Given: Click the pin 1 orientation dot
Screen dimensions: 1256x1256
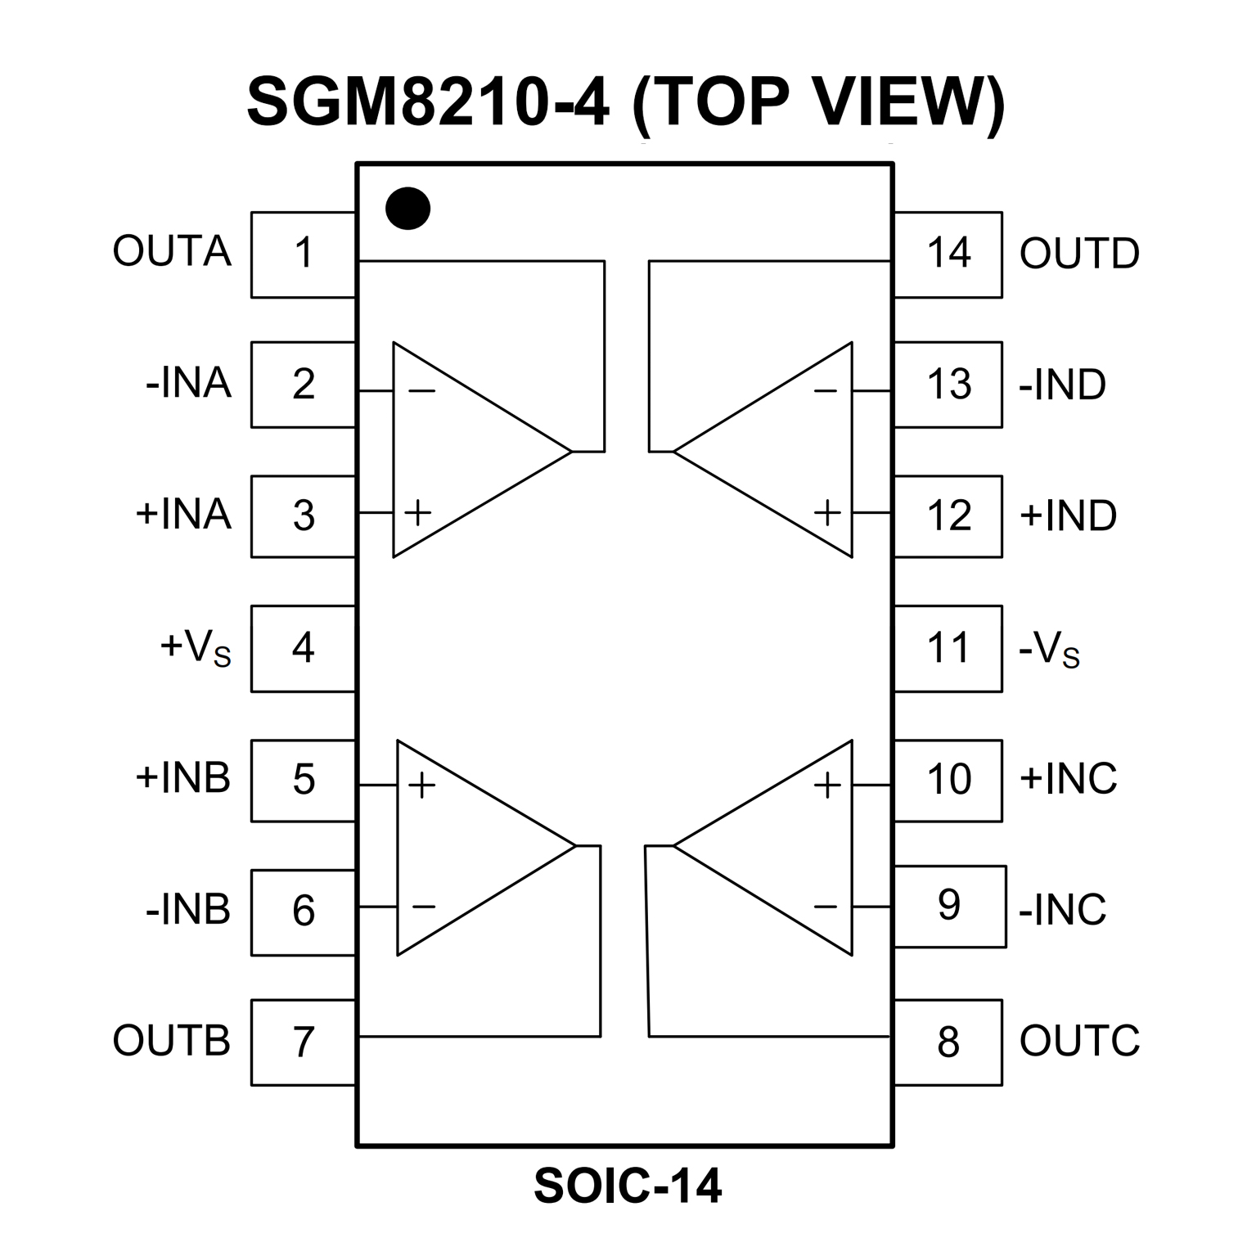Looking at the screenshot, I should click(x=407, y=208).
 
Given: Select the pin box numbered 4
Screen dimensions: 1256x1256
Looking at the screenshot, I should click(x=303, y=648).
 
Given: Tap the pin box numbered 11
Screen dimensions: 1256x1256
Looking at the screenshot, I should click(x=948, y=648).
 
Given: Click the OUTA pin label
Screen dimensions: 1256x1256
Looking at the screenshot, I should click(x=172, y=251).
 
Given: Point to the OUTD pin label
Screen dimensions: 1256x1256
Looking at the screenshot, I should click(x=1078, y=254).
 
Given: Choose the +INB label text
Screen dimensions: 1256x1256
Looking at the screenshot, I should click(x=182, y=777).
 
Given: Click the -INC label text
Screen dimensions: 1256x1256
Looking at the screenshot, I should click(x=1062, y=909).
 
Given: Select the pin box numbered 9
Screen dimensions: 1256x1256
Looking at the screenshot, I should click(x=949, y=906).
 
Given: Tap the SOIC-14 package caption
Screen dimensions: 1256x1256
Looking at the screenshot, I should click(x=628, y=1186).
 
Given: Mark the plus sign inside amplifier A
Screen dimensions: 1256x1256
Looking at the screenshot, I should click(x=418, y=513).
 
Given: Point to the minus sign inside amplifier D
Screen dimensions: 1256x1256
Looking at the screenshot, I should click(x=826, y=392).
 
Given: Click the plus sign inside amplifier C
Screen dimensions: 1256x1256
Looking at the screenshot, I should click(x=827, y=786).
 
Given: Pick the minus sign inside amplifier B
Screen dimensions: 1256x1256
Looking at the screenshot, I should click(x=423, y=907).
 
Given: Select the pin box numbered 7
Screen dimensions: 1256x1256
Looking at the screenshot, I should click(x=303, y=1042).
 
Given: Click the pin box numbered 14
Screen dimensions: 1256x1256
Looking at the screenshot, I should click(x=948, y=254).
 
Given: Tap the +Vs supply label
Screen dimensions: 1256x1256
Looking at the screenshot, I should click(x=196, y=648).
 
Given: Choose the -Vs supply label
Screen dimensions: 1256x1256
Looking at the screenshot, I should click(x=1049, y=651).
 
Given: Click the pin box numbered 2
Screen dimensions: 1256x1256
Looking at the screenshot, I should click(x=303, y=384).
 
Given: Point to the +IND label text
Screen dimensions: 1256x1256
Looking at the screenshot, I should click(x=1067, y=515).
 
